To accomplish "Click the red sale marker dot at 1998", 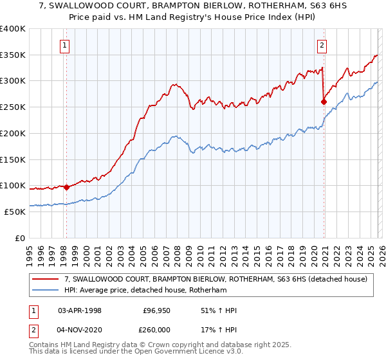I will click(x=66, y=187).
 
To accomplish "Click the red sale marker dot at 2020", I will click(x=323, y=101).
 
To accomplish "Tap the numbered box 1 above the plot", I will click(x=66, y=45).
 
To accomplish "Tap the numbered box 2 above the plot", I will click(x=322, y=45).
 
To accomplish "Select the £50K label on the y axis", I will click(x=15, y=212).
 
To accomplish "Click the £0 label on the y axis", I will click(x=21, y=238).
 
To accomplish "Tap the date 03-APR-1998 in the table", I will click(x=80, y=310).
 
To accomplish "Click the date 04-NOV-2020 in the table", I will click(x=80, y=329).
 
